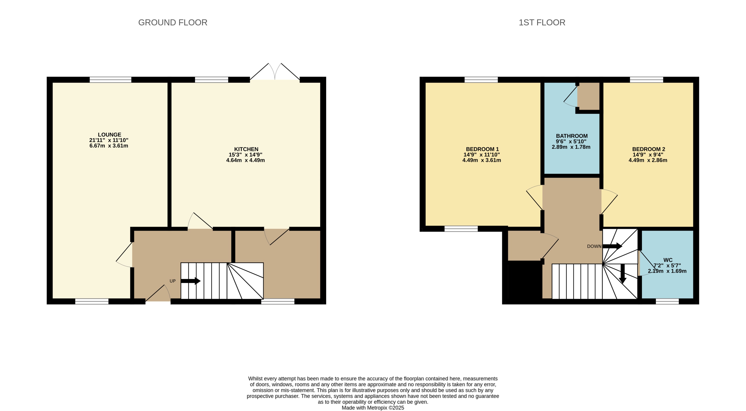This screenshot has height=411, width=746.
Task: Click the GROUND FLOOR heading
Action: click(x=173, y=23)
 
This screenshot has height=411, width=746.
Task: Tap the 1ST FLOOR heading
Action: click(x=542, y=23)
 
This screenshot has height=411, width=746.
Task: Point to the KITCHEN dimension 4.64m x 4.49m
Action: click(x=245, y=160)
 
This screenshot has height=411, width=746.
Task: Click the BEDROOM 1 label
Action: click(x=482, y=149)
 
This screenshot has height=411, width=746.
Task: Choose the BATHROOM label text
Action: click(x=572, y=136)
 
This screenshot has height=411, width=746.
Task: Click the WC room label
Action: click(x=668, y=260)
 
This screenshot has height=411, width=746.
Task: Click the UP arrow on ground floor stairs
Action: click(x=191, y=281)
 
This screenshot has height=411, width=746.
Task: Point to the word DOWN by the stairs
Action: click(x=594, y=246)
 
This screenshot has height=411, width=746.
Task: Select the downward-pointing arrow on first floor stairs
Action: click(x=622, y=274)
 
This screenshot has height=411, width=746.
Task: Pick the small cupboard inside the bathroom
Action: click(x=588, y=96)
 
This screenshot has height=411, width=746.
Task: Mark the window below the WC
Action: click(x=667, y=301)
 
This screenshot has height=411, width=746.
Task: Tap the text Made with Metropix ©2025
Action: click(x=373, y=408)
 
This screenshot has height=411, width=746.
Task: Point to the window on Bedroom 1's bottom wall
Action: click(x=461, y=229)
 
